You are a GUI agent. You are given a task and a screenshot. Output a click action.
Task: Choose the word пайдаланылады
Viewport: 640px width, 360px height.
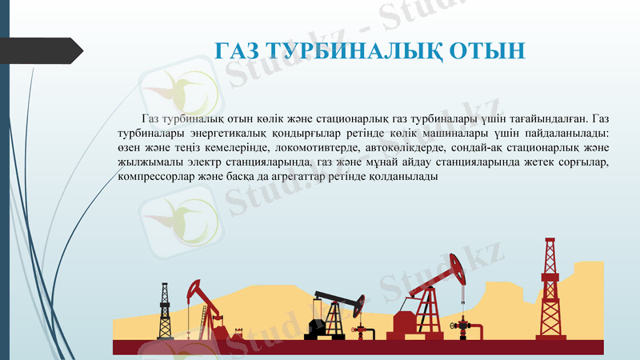pyautogui.click(x=572, y=134)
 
